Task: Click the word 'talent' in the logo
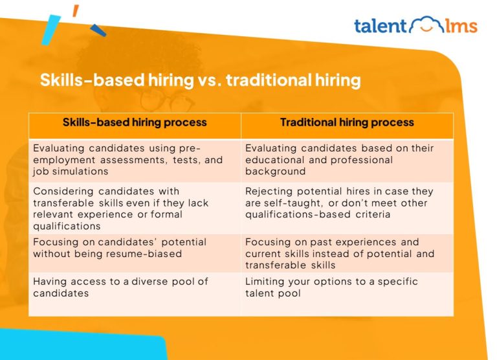click(381, 27)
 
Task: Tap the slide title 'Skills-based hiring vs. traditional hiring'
click(200, 80)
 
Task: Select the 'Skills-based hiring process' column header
click(135, 122)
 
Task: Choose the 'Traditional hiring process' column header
click(347, 122)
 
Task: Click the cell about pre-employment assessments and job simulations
click(135, 160)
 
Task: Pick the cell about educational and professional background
click(347, 160)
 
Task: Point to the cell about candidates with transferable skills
click(135, 208)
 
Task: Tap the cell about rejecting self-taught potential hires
click(347, 203)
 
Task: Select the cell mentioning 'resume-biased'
click(135, 248)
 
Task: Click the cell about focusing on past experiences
click(347, 254)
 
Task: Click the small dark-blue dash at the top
click(98, 30)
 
